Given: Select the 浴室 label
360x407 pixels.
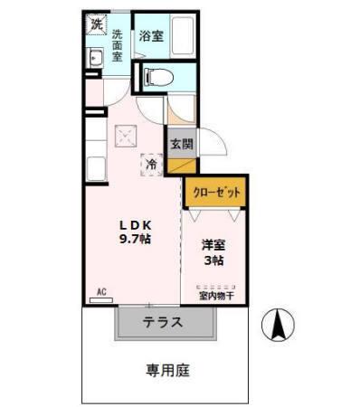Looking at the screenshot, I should click(150, 36).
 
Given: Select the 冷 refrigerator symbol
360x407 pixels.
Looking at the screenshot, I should click(153, 166).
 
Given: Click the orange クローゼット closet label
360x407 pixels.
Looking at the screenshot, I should click(215, 192).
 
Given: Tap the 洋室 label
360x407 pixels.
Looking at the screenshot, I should click(213, 244).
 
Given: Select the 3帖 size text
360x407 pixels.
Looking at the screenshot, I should click(213, 260).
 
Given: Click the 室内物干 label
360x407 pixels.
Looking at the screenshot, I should click(216, 294).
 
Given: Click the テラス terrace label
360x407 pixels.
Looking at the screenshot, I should click(163, 321).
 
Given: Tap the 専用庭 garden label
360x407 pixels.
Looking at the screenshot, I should click(168, 370).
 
